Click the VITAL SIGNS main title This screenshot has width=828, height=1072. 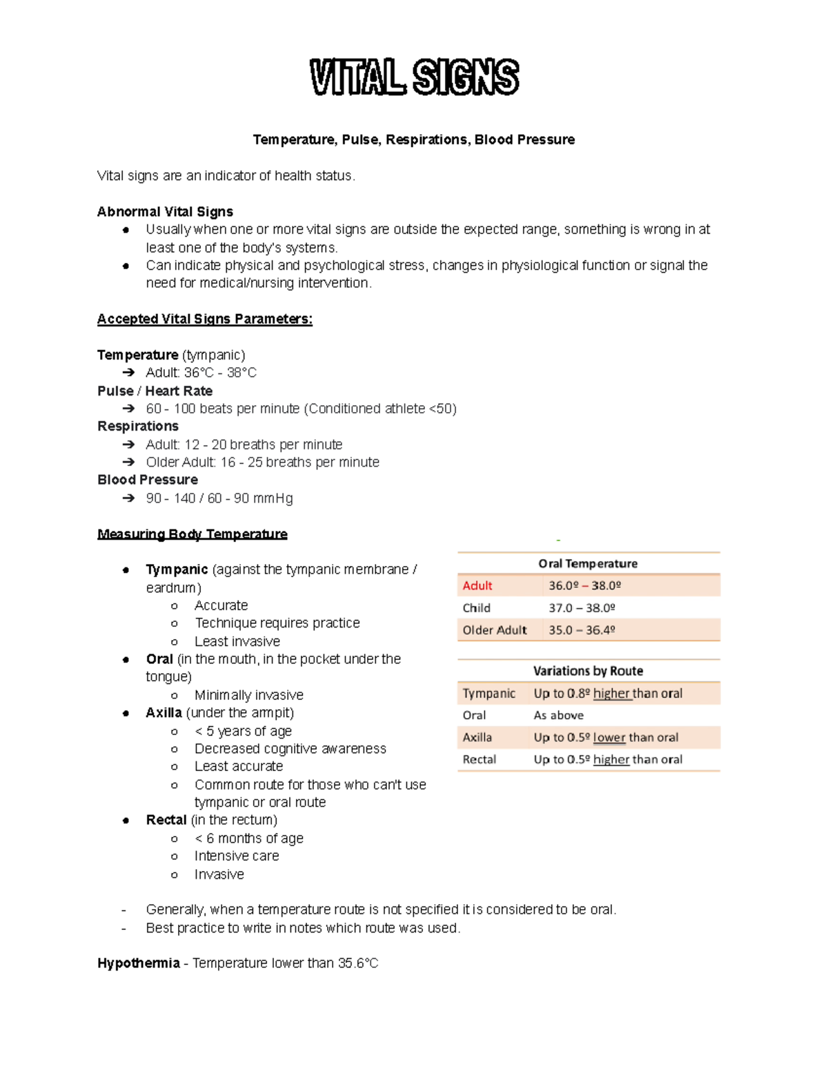[414, 77]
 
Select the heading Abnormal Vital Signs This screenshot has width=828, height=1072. [165, 212]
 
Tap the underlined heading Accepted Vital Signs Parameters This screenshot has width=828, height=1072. [204, 319]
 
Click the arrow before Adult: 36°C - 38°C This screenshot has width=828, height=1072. [128, 373]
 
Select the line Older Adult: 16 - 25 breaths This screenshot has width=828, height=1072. [262, 462]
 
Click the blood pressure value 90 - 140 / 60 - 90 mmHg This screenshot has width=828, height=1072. [219, 498]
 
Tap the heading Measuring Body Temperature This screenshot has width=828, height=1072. [192, 534]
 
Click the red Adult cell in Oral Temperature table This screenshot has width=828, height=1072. [477, 586]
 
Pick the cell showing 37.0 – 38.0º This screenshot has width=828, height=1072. [581, 608]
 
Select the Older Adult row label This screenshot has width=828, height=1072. [494, 630]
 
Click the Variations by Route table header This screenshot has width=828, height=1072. [588, 671]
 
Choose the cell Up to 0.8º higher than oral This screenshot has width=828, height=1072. [607, 694]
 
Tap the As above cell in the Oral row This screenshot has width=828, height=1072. [558, 716]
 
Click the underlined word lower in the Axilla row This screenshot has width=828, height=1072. [609, 738]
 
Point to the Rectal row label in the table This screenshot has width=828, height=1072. [479, 760]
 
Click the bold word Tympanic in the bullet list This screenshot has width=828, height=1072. [177, 569]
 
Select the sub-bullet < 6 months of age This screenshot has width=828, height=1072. [248, 839]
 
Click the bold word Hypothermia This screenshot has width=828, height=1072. [138, 964]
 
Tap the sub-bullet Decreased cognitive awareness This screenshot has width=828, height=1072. [290, 749]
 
